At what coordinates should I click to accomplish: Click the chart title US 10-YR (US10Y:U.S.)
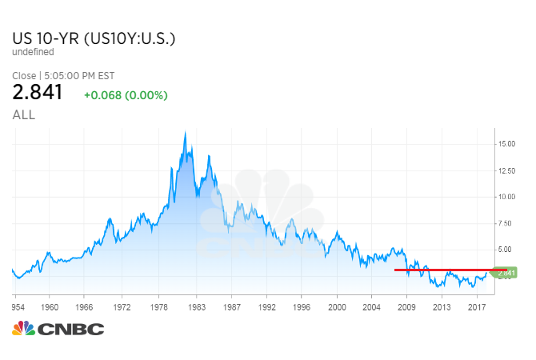(94, 38)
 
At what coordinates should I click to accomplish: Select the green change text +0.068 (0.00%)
(126, 95)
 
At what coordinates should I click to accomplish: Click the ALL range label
(24, 115)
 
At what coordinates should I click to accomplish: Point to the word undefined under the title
(34, 52)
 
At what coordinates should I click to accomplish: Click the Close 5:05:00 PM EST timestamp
(63, 76)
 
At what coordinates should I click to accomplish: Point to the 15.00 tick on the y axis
(506, 144)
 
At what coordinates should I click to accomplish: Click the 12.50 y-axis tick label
(506, 170)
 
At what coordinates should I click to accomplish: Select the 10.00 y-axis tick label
(506, 196)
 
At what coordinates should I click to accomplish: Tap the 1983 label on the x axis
(197, 306)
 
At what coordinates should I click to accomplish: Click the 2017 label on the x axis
(477, 306)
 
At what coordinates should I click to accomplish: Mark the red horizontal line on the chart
(448, 270)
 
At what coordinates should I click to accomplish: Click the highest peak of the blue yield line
(186, 132)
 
